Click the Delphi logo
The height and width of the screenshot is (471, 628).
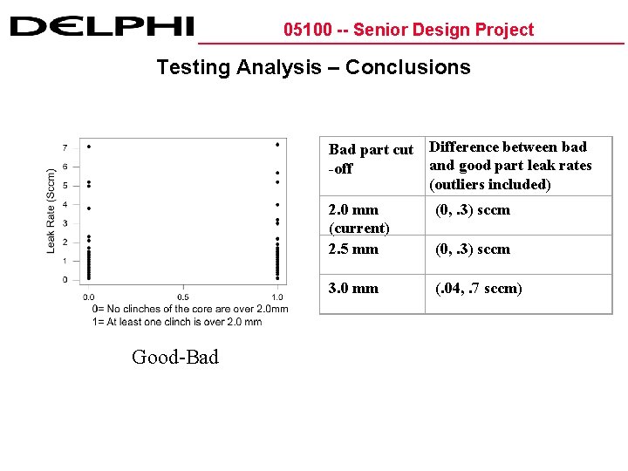[102, 26]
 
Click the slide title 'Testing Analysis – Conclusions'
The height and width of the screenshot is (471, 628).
[313, 67]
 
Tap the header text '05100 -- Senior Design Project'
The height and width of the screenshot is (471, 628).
[408, 30]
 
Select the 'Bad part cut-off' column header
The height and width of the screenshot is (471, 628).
[371, 159]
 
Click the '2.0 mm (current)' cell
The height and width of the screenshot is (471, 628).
[359, 219]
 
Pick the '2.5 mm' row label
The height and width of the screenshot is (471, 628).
[353, 249]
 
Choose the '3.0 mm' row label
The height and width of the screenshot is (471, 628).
[353, 288]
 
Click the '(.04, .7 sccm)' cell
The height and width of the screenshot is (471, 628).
[479, 288]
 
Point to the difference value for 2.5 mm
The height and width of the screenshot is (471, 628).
[473, 249]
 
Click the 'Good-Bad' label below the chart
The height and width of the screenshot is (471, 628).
[175, 357]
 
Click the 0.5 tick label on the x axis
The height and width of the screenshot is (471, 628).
[183, 297]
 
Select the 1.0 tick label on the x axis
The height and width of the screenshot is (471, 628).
[277, 297]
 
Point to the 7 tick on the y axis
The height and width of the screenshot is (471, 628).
[65, 147]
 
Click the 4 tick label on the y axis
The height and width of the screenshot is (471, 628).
[65, 205]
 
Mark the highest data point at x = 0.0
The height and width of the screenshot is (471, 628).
[89, 147]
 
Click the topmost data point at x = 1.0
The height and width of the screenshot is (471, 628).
[277, 145]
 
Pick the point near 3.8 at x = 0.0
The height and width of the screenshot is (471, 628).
[89, 208]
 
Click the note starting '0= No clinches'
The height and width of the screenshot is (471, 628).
[190, 309]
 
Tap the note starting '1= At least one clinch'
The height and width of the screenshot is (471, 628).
[177, 321]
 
